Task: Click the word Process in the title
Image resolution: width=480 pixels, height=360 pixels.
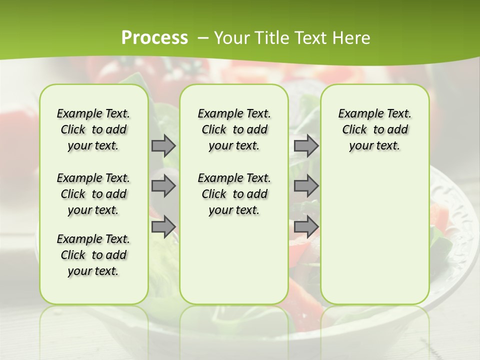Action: tap(154, 37)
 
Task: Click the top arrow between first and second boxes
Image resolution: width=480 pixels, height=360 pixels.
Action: tap(163, 146)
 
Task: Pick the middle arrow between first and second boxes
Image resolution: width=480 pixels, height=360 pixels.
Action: tap(163, 186)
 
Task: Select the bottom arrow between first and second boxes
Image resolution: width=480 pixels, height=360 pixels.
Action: tap(163, 227)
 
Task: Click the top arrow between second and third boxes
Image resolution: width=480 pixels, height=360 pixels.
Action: tap(306, 146)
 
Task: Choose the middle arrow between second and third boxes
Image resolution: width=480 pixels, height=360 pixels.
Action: tap(306, 186)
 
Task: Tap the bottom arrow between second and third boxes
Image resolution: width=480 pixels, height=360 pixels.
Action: tap(306, 227)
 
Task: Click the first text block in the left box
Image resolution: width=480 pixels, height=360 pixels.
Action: tap(93, 129)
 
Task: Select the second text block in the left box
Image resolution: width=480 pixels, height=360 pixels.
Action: tap(93, 194)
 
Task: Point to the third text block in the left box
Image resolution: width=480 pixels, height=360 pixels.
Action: tap(93, 255)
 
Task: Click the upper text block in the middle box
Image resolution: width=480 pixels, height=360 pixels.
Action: tap(234, 129)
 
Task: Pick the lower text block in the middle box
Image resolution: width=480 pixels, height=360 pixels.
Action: tap(234, 194)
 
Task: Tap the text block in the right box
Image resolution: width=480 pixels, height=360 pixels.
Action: tap(374, 129)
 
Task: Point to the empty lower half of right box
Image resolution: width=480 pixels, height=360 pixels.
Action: tap(374, 240)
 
